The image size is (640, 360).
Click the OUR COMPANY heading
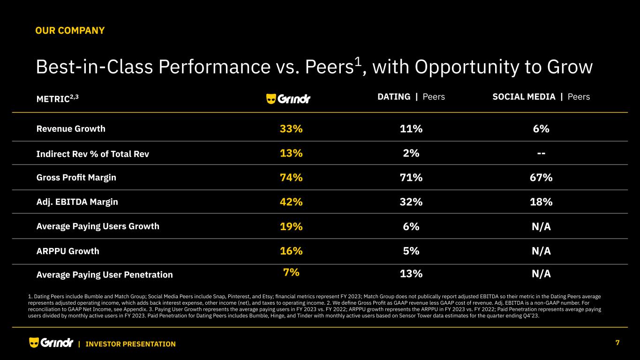(x=70, y=31)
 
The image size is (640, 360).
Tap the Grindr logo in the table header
(x=288, y=99)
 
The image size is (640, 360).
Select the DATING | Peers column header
(x=411, y=97)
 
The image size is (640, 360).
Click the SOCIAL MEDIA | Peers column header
(x=541, y=97)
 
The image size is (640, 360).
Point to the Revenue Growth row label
(x=71, y=129)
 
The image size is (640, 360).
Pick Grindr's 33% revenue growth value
(x=291, y=129)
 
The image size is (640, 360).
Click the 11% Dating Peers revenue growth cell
(x=411, y=129)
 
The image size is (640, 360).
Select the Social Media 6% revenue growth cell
(x=541, y=129)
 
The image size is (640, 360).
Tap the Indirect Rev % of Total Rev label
(x=92, y=154)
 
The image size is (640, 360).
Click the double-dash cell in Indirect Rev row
(x=541, y=153)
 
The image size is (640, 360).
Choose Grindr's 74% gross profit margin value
(x=291, y=178)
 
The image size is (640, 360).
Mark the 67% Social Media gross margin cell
(x=541, y=178)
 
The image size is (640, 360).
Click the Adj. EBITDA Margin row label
(x=77, y=202)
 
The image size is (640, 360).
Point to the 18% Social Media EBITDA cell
(x=541, y=202)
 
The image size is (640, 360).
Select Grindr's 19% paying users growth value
(x=291, y=226)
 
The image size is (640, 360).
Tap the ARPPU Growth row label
(x=68, y=251)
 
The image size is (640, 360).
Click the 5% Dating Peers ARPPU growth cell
(x=411, y=251)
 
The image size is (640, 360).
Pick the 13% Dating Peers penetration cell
(x=411, y=274)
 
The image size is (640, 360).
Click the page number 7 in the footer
(x=617, y=343)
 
